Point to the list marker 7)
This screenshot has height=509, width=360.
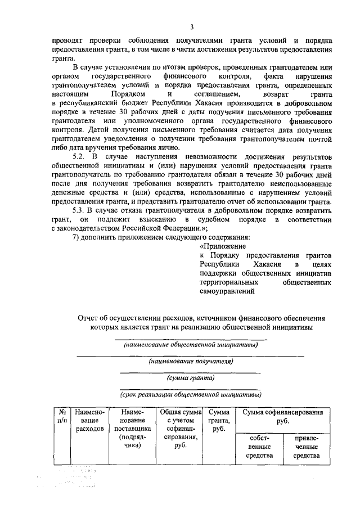tap(77, 236)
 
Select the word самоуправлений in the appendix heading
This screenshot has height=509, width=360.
tap(228, 291)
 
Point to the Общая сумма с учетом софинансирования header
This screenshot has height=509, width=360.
tap(180, 429)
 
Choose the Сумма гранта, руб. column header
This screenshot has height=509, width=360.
tap(218, 420)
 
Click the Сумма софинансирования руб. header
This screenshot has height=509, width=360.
tap(282, 416)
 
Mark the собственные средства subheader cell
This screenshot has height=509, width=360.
tap(259, 446)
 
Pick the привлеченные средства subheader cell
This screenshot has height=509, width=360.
tap(305, 446)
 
